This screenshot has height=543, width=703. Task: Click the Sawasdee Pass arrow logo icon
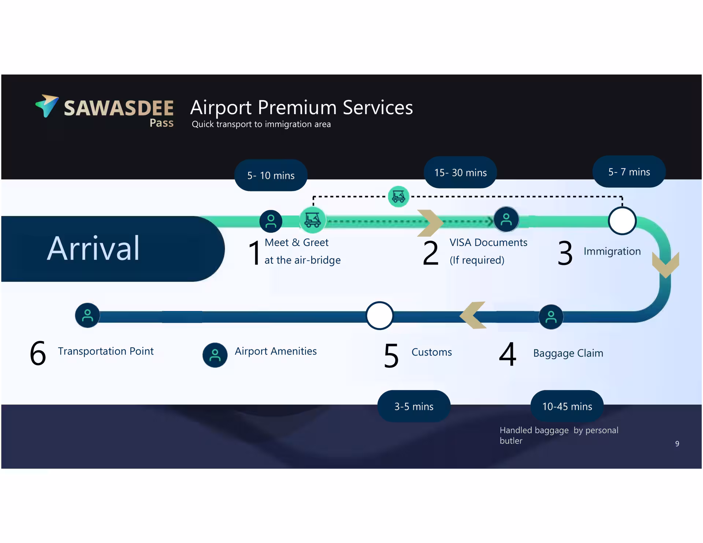point(47,105)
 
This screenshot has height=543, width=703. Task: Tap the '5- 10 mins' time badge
point(271,175)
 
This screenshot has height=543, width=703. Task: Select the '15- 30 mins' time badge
point(460,172)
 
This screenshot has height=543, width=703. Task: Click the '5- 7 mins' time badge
point(629,172)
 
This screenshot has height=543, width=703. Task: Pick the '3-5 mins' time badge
point(414,406)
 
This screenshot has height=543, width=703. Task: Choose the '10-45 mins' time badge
point(567,406)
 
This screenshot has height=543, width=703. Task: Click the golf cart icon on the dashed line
point(398,196)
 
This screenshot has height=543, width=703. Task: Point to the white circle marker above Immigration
point(622,221)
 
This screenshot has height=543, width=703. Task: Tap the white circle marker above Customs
point(380,315)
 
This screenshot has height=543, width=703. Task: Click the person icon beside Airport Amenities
point(215,355)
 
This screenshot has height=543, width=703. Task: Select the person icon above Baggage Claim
point(551,317)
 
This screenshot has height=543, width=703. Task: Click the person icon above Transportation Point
point(87,315)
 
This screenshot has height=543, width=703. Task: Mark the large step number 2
point(431,252)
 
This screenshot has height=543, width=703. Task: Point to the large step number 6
point(38,353)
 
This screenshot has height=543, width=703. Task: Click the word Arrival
point(93,248)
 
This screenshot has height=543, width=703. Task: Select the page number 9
point(677,443)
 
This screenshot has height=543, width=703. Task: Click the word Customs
point(432,352)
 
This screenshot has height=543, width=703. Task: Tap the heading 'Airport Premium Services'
point(301,108)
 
